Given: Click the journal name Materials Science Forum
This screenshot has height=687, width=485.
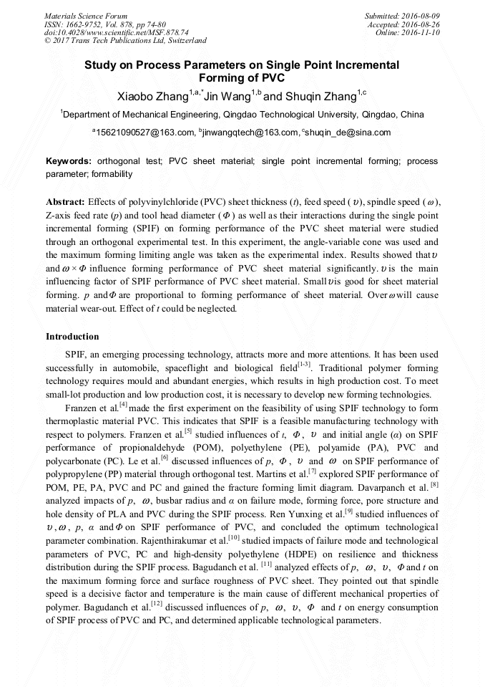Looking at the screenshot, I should click(86, 15).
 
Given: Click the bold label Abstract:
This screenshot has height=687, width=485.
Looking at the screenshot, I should click(66, 203).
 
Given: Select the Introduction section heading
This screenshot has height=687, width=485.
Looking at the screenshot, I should click(72, 336).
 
